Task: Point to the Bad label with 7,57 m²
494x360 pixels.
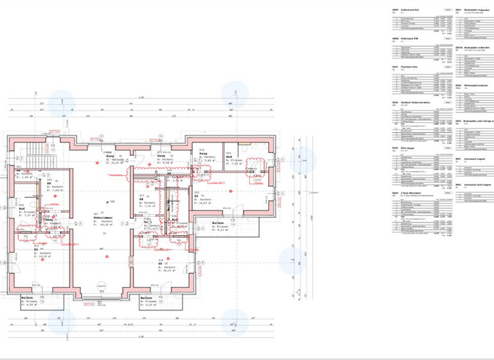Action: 21,209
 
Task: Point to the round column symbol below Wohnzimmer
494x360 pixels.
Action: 99,287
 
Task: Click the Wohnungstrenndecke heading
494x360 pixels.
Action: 477,85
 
